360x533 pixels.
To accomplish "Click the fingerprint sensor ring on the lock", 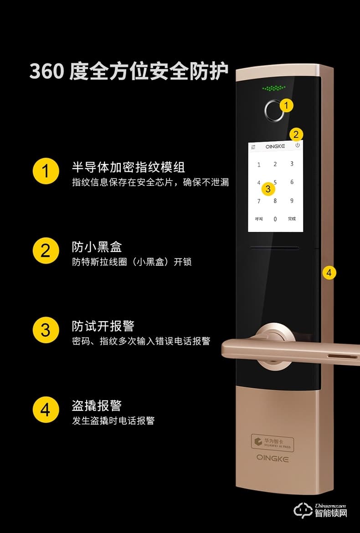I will click(274, 110).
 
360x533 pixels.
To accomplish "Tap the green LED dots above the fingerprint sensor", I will click(274, 87).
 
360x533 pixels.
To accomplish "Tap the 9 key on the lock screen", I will click(292, 200).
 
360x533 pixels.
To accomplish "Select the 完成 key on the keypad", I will click(292, 219).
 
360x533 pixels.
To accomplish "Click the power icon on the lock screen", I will click(298, 145).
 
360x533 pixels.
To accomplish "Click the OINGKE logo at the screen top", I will click(275, 147).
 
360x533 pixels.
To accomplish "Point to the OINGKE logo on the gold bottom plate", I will click(273, 458).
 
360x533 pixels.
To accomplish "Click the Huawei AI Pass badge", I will click(273, 442).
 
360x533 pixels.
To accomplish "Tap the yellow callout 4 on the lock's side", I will click(329, 273).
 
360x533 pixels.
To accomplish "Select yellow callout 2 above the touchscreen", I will click(296, 134).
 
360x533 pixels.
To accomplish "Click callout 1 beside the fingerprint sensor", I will click(286, 106).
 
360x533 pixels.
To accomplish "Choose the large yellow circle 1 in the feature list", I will click(46, 171).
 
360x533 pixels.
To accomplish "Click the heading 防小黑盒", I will click(97, 247).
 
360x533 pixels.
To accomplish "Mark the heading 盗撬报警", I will click(97, 405).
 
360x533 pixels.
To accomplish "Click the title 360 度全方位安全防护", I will click(129, 72).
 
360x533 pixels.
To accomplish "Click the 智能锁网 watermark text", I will click(331, 513).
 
